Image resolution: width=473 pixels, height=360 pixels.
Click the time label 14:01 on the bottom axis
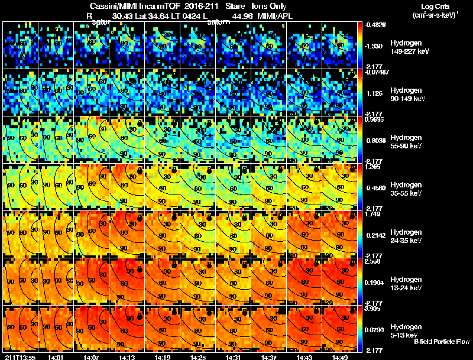[x=56, y=357]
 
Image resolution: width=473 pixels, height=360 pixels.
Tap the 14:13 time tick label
[x=127, y=357]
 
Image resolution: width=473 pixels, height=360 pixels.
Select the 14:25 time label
[x=198, y=357]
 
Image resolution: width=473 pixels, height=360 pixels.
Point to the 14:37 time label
[x=269, y=357]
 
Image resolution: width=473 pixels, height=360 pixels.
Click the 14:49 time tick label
[x=340, y=357]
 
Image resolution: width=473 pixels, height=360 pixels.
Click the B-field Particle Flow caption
[x=442, y=342]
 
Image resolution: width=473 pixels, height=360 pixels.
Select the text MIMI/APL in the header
[x=269, y=17]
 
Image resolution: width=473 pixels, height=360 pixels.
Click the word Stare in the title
[x=235, y=6]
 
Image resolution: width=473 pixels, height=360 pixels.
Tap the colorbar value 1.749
[x=374, y=214]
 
